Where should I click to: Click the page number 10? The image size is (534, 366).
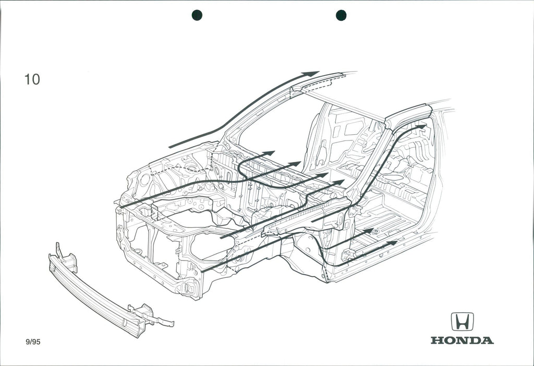click(x=32, y=79)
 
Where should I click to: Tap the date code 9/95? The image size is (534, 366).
click(x=33, y=342)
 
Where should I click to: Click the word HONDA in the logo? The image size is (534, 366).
click(x=462, y=341)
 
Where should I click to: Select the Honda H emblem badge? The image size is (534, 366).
click(x=462, y=322)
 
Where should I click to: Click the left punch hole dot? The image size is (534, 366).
click(x=197, y=15)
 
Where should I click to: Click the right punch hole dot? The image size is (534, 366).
click(x=341, y=15)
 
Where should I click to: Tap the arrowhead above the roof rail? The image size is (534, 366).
click(x=311, y=74)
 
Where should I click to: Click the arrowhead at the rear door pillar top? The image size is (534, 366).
click(x=421, y=127)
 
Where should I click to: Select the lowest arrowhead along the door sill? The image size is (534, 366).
click(x=392, y=243)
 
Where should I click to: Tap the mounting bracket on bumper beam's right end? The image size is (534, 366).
click(x=151, y=316)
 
